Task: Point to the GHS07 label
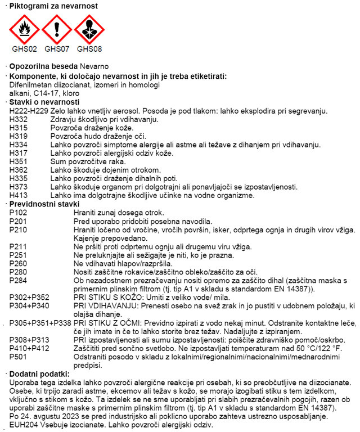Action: tap(56, 49)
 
